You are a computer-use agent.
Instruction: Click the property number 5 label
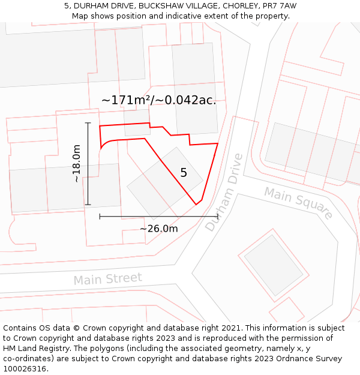(184, 173)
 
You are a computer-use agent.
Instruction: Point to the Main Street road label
(108, 279)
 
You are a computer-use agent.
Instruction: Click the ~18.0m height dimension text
(77, 164)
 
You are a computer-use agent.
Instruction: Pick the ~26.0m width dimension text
(159, 229)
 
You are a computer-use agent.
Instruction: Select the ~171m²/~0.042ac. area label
(158, 100)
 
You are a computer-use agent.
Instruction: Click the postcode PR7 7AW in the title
(280, 6)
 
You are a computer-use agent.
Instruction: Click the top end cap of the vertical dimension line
(88, 123)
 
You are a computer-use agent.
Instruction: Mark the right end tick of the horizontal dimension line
(217, 216)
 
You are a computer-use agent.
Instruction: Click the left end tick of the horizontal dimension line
(100, 216)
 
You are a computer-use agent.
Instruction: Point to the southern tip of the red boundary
(197, 205)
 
